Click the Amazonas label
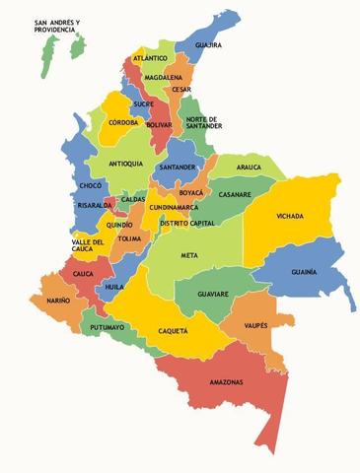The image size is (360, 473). point(226,382)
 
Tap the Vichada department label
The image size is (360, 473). point(290,216)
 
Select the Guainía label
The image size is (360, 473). point(304,271)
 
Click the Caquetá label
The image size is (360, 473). point(172,332)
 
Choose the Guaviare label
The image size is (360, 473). point(212,294)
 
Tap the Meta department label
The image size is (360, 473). point(188,255)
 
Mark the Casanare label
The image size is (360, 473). point(235,194)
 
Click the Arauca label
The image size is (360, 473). point(250,168)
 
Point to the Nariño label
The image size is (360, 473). point(57,300)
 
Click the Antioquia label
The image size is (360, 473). point(126,164)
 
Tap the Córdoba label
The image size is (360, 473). point(122,123)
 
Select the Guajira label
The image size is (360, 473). point(208,45)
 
